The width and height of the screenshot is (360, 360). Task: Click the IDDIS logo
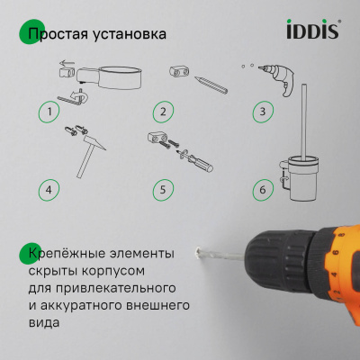click(x=311, y=31)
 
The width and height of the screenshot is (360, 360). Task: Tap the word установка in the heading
click(x=130, y=35)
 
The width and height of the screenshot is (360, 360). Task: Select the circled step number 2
click(x=162, y=112)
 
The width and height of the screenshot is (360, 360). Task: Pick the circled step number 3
click(x=261, y=112)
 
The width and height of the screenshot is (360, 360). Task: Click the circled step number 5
click(x=162, y=190)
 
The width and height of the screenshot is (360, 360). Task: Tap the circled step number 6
click(x=261, y=190)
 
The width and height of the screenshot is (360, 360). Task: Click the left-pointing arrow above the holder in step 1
click(x=65, y=65)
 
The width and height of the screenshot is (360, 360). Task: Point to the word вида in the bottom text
click(x=44, y=325)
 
